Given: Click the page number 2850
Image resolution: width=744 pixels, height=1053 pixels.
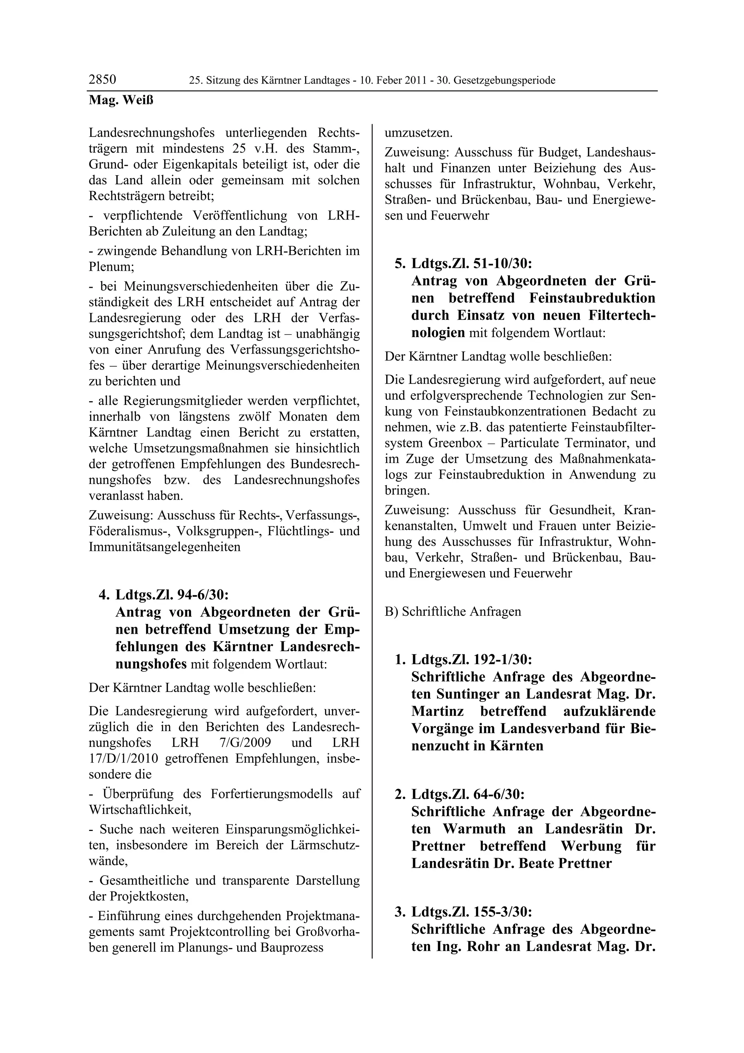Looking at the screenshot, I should (102, 80).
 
